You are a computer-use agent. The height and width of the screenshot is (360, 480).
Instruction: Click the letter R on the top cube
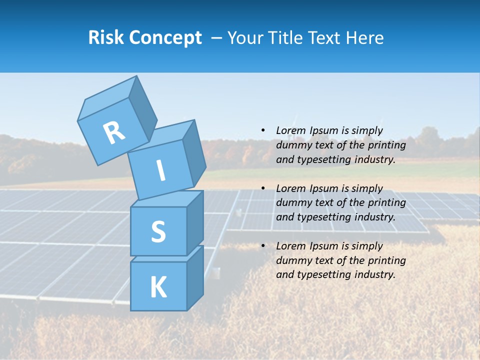pos(114,132)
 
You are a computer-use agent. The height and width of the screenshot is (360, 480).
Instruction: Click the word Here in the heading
pos(365,37)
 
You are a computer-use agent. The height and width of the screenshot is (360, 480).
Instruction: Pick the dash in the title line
pos(216,38)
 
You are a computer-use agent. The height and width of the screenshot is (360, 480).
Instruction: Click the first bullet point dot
pos(263,130)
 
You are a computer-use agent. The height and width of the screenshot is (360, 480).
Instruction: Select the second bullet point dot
pos(263,188)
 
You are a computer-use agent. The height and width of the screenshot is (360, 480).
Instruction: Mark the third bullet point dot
pos(263,246)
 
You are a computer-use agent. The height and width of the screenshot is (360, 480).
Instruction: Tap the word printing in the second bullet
pos(386,203)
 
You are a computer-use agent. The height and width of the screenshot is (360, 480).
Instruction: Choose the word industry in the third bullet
pos(374,274)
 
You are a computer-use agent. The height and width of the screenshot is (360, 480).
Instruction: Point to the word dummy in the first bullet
pos(293,145)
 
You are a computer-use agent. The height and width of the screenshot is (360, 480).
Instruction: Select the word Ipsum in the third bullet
pos(324,246)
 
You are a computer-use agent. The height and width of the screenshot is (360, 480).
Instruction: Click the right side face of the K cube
pos(195,277)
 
